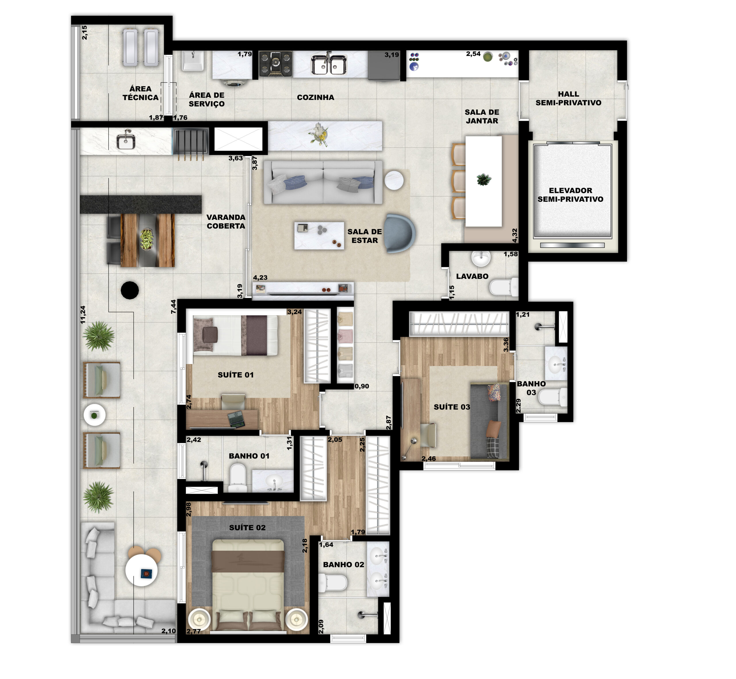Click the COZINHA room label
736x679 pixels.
pyautogui.click(x=315, y=97)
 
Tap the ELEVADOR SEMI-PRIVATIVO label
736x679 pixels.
pyautogui.click(x=570, y=195)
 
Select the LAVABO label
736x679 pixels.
pyautogui.click(x=472, y=276)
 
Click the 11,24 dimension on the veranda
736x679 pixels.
pyautogui.click(x=83, y=314)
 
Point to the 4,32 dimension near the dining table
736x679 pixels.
pyautogui.click(x=515, y=235)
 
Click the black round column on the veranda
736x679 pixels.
pyautogui.click(x=130, y=290)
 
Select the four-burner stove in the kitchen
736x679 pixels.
pyautogui.click(x=276, y=64)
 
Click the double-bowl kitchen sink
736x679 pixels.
pyautogui.click(x=329, y=65)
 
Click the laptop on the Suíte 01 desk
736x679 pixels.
pyautogui.click(x=236, y=419)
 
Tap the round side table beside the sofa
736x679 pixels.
pyautogui.click(x=394, y=180)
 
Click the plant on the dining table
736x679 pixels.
pyautogui.click(x=484, y=180)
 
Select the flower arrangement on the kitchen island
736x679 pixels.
pyautogui.click(x=319, y=134)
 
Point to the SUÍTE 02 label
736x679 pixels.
pyautogui.click(x=247, y=528)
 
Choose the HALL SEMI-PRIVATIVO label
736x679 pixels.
pyautogui.click(x=568, y=99)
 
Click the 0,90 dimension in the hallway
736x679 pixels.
pyautogui.click(x=362, y=386)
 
